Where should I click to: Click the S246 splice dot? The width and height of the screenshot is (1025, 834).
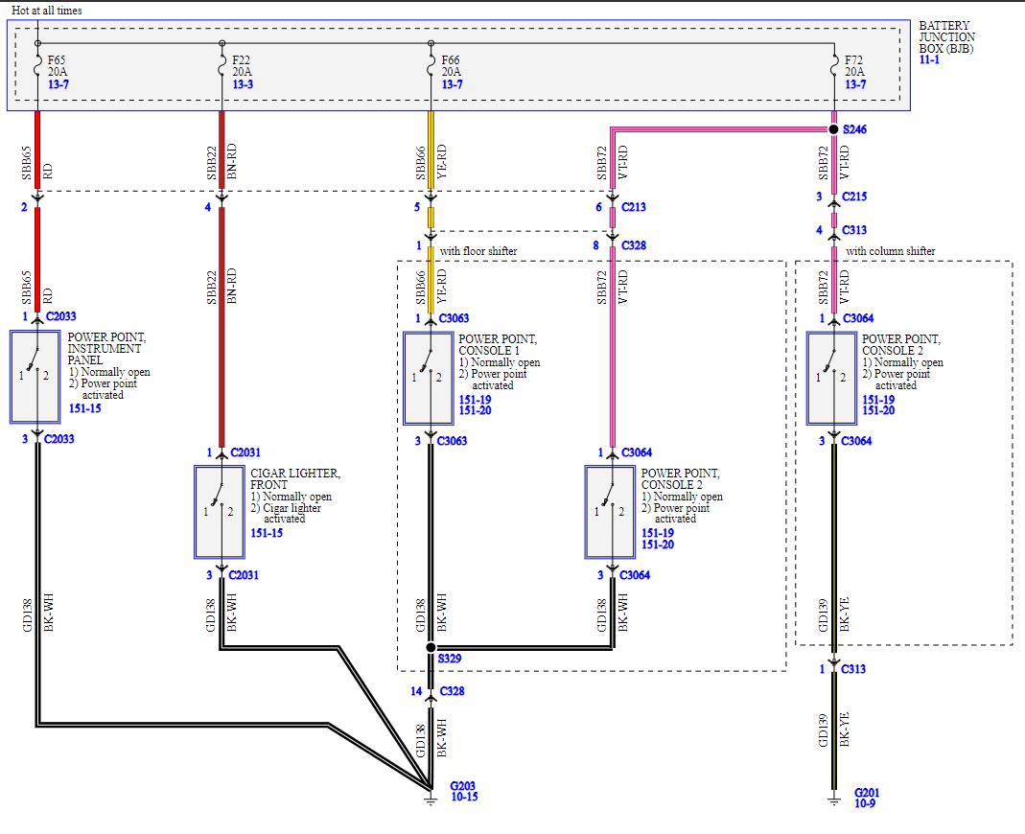pyautogui.click(x=833, y=128)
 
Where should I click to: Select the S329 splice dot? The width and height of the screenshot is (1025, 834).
pyautogui.click(x=431, y=648)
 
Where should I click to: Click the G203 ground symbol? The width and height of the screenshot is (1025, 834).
pyautogui.click(x=431, y=793)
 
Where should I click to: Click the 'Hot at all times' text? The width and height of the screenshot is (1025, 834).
pyautogui.click(x=47, y=11)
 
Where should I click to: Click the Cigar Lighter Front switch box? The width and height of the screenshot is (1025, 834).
pyautogui.click(x=220, y=512)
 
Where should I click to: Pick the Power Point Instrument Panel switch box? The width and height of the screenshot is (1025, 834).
pyautogui.click(x=35, y=377)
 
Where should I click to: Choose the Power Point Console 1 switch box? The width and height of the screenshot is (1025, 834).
pyautogui.click(x=429, y=378)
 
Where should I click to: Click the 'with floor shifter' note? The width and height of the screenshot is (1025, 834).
pyautogui.click(x=478, y=251)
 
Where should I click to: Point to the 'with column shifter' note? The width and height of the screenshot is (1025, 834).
pyautogui.click(x=891, y=251)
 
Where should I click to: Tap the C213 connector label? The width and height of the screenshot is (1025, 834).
pyautogui.click(x=634, y=207)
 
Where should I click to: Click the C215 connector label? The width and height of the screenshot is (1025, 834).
pyautogui.click(x=854, y=197)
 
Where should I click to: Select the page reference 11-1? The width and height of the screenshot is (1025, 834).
pyautogui.click(x=929, y=59)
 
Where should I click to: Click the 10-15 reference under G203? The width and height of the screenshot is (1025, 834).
pyautogui.click(x=464, y=798)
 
